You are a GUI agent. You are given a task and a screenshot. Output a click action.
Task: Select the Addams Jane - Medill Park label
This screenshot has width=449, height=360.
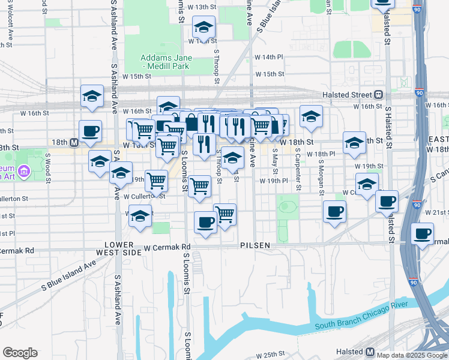(x=166, y=62)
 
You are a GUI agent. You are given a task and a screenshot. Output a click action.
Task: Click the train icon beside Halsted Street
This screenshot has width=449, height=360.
(x=379, y=95)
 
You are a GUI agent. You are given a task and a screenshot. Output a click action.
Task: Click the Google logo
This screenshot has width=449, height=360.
(x=20, y=353)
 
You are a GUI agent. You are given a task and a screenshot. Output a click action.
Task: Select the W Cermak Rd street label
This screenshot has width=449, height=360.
(x=167, y=247)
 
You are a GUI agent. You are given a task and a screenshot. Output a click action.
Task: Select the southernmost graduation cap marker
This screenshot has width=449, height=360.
(x=140, y=215)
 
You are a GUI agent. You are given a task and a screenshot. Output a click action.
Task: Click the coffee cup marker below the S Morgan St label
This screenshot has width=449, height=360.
(x=334, y=211)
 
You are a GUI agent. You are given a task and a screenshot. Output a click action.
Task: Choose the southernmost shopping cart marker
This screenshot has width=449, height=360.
(x=224, y=213)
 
